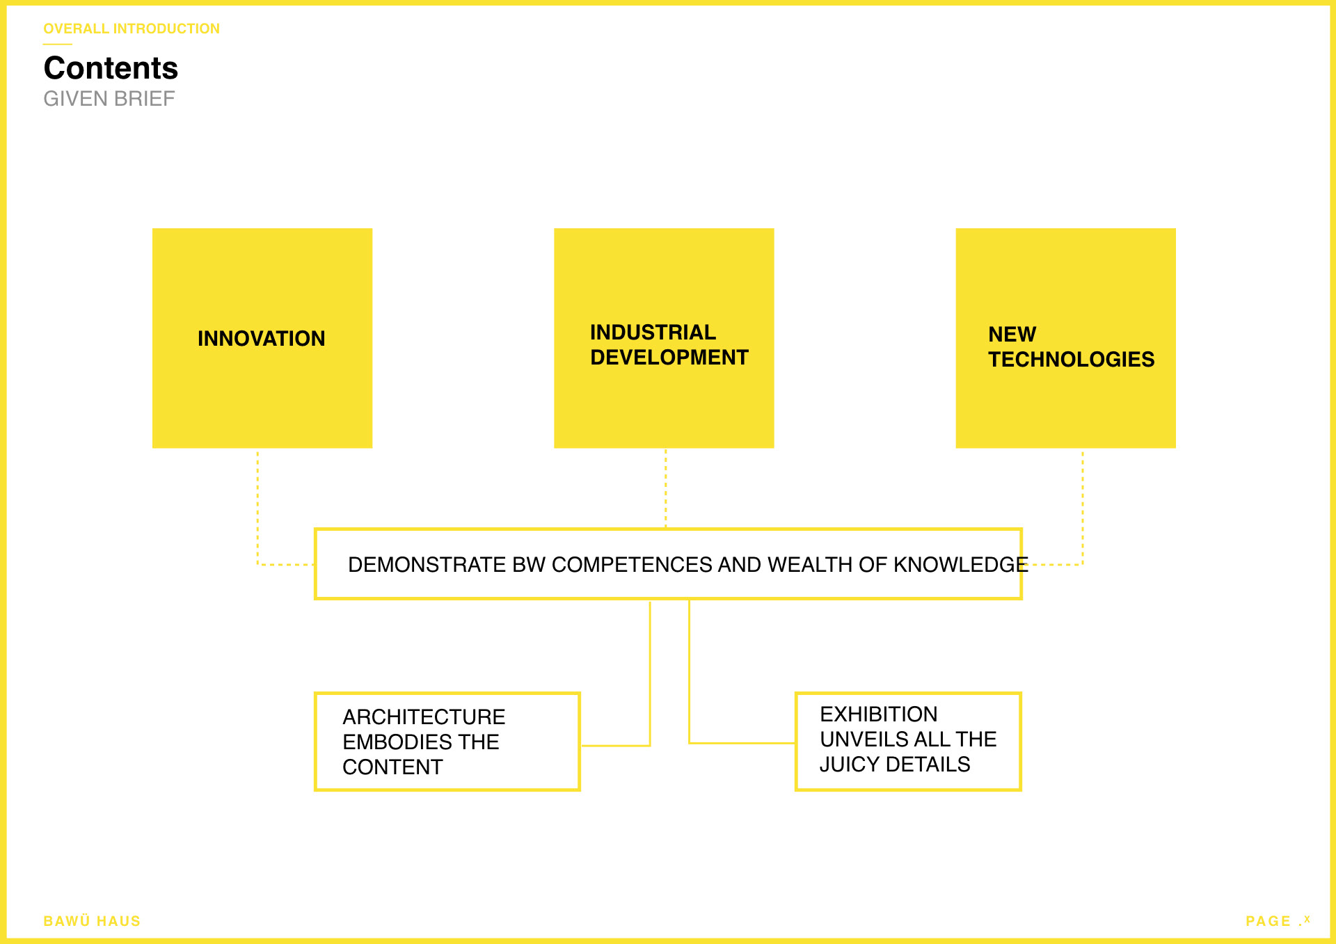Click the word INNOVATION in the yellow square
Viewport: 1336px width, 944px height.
coord(262,339)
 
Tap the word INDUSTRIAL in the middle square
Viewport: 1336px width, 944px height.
coord(653,333)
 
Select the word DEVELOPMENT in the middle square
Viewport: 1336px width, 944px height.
coord(669,358)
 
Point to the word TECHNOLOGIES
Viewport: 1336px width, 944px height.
coord(1072,360)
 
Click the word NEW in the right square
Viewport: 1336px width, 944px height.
coord(1012,335)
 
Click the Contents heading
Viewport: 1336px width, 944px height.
coord(111,68)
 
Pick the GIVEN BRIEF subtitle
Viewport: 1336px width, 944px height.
coord(109,99)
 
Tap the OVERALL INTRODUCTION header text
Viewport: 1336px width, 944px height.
coord(132,29)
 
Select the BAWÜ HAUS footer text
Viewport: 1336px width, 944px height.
coord(92,921)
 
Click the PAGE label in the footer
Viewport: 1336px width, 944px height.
coord(1269,921)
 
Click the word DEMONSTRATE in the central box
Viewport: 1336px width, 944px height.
coord(427,565)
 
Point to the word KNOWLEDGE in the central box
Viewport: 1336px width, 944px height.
coord(961,565)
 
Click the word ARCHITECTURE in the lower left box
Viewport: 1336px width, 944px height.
coord(424,717)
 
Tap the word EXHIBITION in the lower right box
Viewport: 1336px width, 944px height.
coord(879,714)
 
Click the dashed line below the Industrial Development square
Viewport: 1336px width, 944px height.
coord(666,488)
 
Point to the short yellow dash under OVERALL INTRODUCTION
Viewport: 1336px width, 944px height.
coord(58,45)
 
